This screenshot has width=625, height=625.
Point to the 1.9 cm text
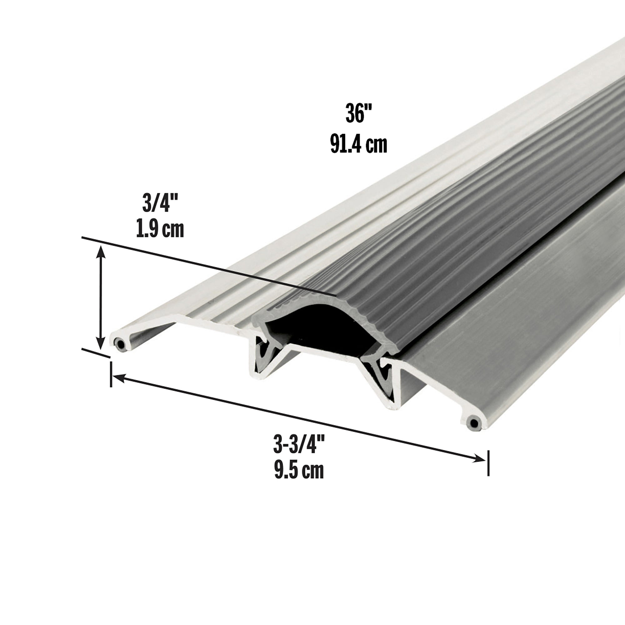pyautogui.click(x=160, y=229)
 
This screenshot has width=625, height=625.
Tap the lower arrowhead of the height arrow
pyautogui.click(x=101, y=343)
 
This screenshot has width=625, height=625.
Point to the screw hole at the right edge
pyautogui.click(x=474, y=423)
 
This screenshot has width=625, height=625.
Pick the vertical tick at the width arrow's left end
pyautogui.click(x=111, y=374)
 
